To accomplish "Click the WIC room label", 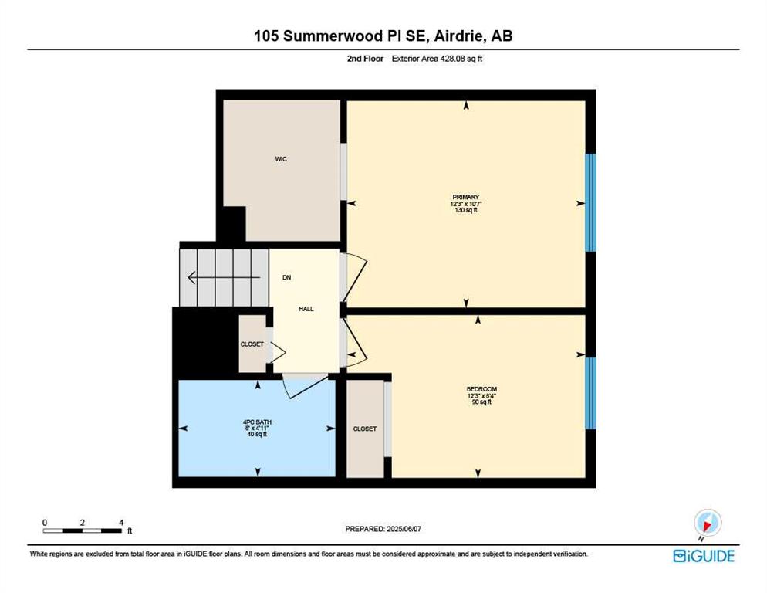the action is tap(281, 159).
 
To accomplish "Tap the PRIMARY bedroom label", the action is tap(466, 198).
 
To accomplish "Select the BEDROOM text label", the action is tap(481, 389).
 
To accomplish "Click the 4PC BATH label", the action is tap(257, 422).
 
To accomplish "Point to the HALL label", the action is tap(306, 309).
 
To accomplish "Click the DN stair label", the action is tap(286, 278).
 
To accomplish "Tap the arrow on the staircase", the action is tap(224, 278).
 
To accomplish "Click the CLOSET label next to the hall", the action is tap(252, 344).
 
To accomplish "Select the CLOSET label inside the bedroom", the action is tap(365, 429).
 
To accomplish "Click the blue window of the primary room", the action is tap(590, 203).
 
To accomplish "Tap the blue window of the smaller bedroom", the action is tap(590, 393).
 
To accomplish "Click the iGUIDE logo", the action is tap(704, 556).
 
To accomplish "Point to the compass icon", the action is tap(708, 524).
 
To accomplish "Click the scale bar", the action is tap(82, 530).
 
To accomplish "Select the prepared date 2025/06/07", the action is tap(404, 529).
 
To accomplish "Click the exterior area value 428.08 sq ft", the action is tap(461, 59).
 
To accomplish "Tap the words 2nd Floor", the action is tap(366, 59).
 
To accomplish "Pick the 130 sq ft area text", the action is tap(466, 210).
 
